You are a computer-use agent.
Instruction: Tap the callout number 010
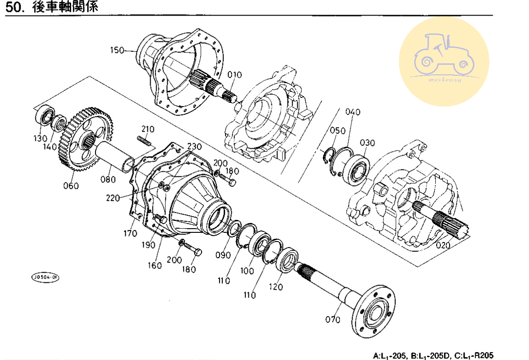[x=234, y=75]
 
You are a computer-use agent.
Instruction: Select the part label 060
[x=71, y=186]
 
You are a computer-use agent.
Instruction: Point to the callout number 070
[x=333, y=319]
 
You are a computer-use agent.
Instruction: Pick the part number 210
[x=147, y=129]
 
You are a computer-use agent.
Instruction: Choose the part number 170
[x=130, y=234]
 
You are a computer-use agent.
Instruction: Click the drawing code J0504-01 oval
[x=45, y=277]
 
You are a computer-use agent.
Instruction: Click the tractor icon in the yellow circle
[x=444, y=55]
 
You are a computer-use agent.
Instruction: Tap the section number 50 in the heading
[x=15, y=8]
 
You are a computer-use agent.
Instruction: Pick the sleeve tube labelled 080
[x=115, y=156]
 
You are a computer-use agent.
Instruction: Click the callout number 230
[x=194, y=146]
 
